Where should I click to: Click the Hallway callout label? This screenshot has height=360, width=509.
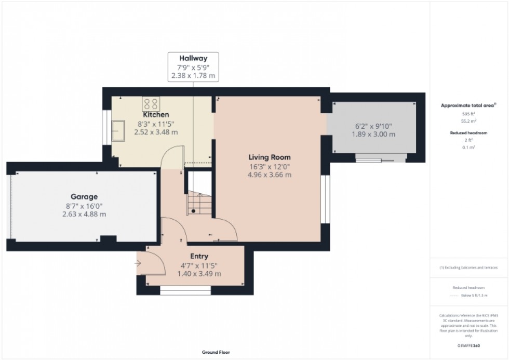193,58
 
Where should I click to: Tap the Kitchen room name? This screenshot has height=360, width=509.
156,114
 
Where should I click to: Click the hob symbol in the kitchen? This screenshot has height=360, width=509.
151,103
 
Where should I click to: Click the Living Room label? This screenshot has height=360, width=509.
269,157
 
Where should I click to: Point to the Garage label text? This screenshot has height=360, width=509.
84,197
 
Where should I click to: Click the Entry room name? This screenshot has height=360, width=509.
199,256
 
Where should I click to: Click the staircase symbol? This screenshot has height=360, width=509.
200,203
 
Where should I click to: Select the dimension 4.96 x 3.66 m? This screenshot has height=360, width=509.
269,175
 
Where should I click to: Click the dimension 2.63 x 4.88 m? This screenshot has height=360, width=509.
84,214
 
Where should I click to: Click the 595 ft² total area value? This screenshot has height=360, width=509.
468,114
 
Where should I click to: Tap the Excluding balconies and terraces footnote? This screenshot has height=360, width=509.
468,268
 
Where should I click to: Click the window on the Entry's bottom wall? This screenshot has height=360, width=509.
185,290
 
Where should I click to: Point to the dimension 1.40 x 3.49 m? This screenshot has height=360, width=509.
199,273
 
